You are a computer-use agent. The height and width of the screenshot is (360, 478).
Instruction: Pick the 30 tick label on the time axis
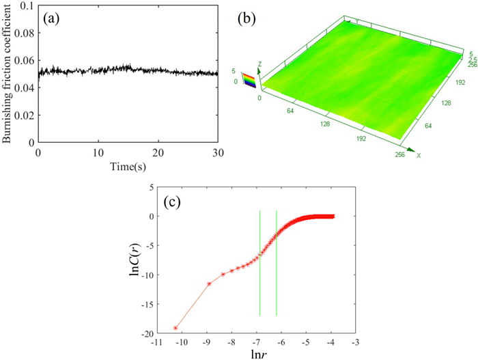[218, 152]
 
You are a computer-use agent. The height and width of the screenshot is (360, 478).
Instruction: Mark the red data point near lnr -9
[209, 283]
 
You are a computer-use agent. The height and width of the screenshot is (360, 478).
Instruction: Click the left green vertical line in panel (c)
[259, 263]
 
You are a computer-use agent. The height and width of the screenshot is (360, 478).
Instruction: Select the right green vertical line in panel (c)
[277, 263]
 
